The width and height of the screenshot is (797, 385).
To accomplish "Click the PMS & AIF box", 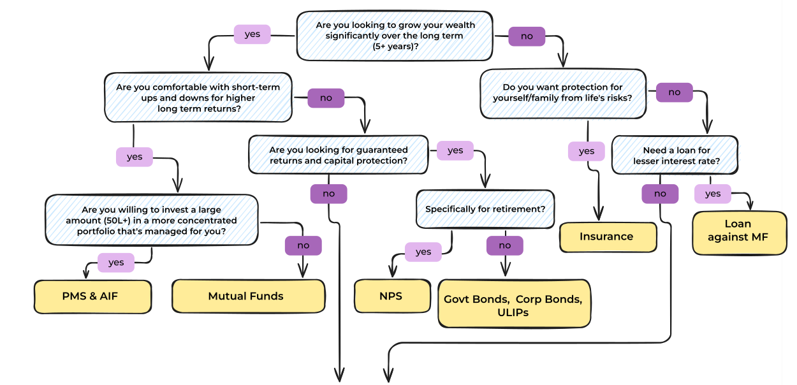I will (92, 296).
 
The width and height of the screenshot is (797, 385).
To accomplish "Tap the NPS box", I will (391, 296).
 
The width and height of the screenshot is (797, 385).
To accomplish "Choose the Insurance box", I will (607, 236).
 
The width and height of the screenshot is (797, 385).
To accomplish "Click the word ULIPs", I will (513, 312).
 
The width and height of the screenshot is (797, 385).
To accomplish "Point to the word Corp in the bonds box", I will (529, 299).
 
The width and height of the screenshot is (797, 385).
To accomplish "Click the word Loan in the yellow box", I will (738, 224).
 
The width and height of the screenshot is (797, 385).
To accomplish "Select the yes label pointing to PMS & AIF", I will (116, 262).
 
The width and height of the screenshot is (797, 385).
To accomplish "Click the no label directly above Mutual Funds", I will (303, 245).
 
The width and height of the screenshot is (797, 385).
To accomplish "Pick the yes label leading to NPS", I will (423, 252).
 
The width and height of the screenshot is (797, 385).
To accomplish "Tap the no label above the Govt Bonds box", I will (504, 245).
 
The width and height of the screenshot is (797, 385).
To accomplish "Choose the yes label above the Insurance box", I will (587, 151).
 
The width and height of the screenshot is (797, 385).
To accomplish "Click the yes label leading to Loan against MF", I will (713, 193).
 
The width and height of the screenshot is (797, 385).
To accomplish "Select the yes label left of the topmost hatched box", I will (252, 34).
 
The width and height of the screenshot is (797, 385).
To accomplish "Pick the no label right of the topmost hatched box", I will (527, 36).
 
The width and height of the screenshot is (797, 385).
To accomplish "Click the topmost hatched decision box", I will (395, 36).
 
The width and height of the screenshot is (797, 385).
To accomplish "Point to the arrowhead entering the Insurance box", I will (598, 216).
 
